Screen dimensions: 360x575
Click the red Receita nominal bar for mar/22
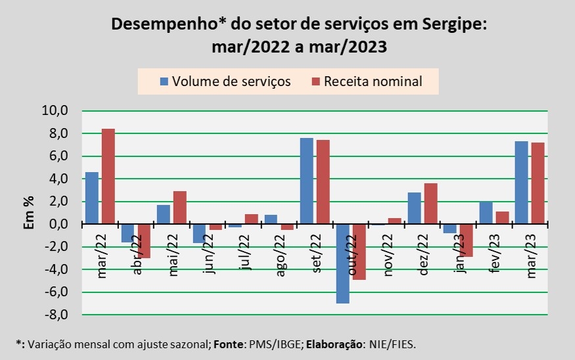(x=108, y=176)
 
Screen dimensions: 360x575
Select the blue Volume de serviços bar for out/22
(x=342, y=263)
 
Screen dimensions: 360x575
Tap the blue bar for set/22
(x=306, y=181)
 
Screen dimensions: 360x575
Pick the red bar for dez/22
(x=430, y=204)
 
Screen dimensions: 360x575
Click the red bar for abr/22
(x=143, y=240)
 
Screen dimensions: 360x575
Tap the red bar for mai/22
(x=179, y=208)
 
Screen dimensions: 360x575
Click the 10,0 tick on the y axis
(x=55, y=110)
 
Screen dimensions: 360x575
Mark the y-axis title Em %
(x=30, y=212)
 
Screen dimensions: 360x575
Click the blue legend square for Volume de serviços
(x=164, y=81)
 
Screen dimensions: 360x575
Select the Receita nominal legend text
(x=373, y=81)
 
